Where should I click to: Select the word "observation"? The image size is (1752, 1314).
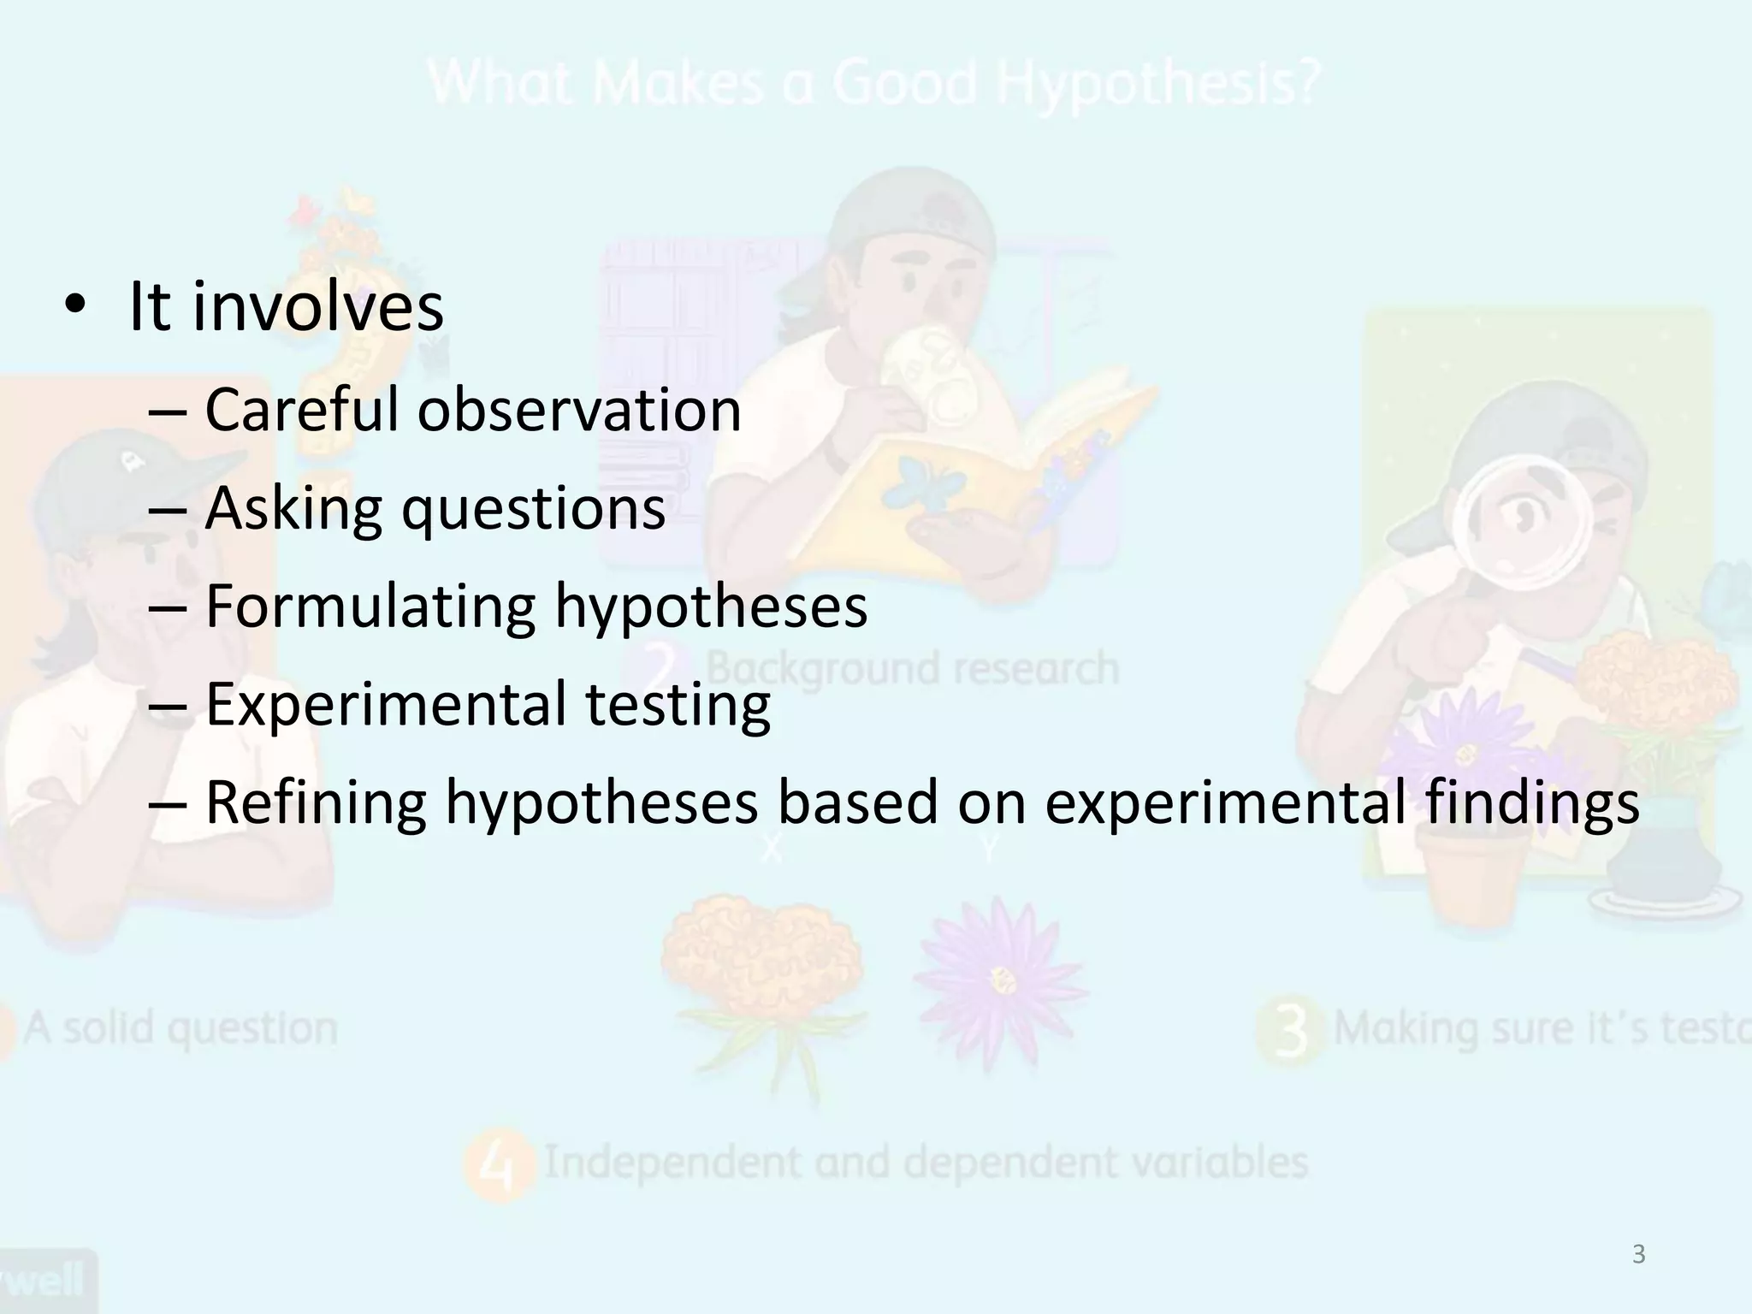click(579, 410)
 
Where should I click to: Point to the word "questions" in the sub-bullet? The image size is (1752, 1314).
click(534, 510)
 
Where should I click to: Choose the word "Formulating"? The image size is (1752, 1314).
click(370, 607)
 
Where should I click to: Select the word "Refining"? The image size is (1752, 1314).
click(316, 803)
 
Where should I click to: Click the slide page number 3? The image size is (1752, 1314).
click(1638, 1254)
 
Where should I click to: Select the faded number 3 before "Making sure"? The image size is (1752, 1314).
click(1291, 1030)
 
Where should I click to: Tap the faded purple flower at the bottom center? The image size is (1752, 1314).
click(998, 975)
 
